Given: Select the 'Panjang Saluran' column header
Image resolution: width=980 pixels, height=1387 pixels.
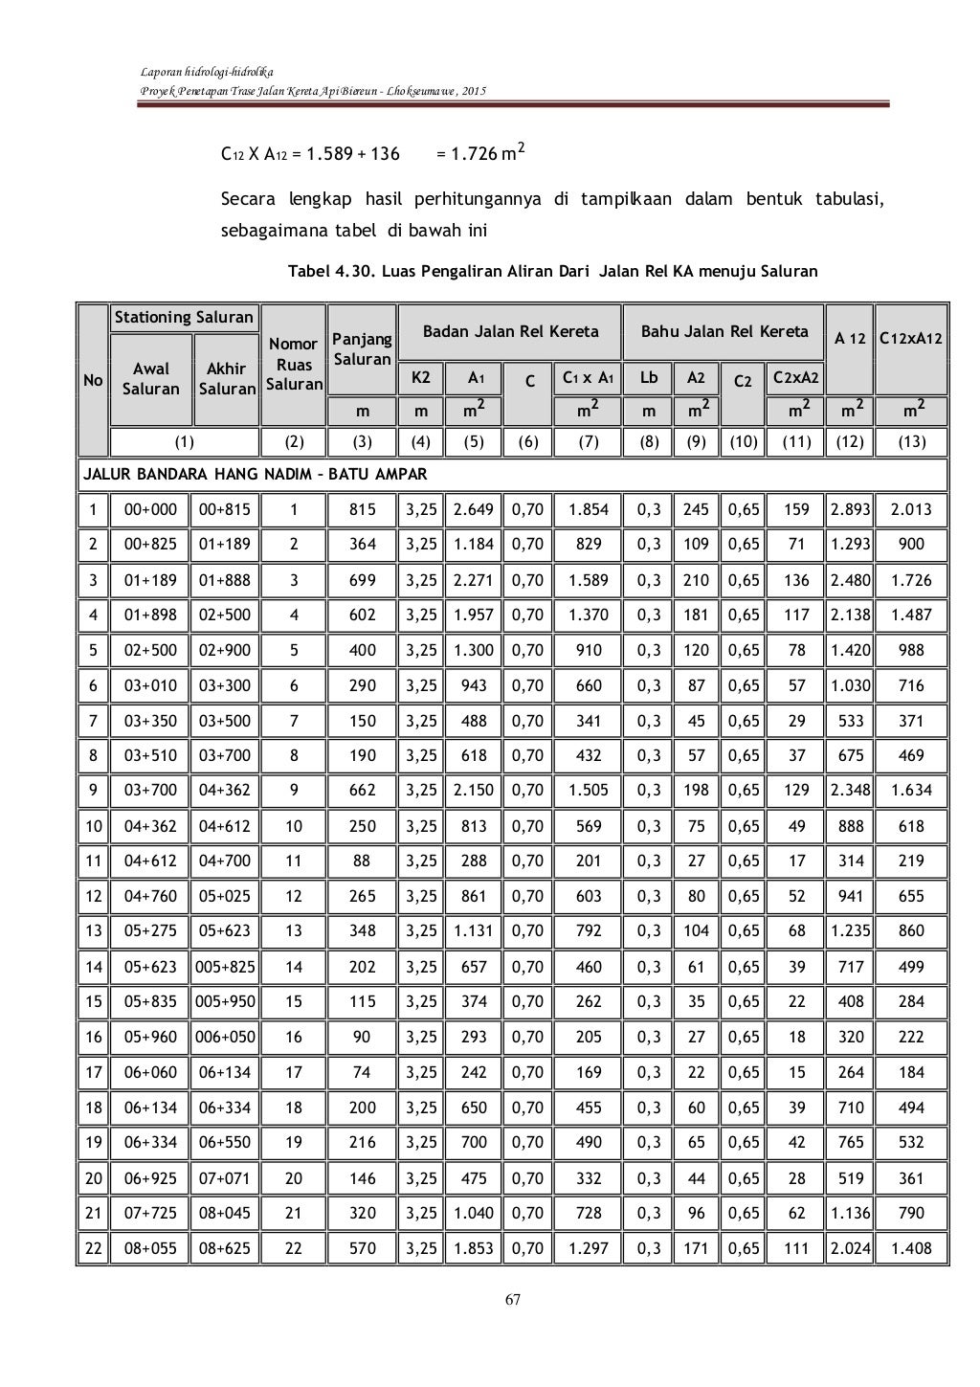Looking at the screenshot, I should pos(361,349).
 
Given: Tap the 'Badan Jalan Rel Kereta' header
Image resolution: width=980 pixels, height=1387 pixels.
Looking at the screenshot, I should pos(511,332).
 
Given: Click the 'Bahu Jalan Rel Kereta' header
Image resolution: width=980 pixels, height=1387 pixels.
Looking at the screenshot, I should pos(724,332).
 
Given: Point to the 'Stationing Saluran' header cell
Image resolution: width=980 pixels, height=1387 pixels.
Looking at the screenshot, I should pos(184,317).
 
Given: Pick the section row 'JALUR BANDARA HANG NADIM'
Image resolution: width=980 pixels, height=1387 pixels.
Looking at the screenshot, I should pos(254,474).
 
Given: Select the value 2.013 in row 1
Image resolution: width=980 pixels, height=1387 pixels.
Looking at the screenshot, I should pos(911,509).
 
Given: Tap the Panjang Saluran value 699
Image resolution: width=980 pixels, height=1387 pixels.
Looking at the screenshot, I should pos(362,580).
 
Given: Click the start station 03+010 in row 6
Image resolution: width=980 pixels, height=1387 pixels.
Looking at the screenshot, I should pos(150,685).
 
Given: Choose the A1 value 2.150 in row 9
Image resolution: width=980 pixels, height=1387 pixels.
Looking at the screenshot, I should pos(473,791).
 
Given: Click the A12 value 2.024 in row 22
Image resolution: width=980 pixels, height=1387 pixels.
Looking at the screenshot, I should pos(850,1248).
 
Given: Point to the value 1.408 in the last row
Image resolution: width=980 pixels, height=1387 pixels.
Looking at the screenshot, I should pos(911,1248).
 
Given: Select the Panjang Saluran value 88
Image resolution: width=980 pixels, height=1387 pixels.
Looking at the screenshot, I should pos(362,861).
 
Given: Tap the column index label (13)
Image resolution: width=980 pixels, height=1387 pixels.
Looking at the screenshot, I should pos(911,441).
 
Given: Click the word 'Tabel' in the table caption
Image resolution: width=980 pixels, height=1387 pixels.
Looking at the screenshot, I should pos(309,271).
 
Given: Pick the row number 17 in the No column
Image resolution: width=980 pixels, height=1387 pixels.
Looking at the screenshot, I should pos(93,1072).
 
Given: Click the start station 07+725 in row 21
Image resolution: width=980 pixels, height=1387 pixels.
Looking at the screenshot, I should pos(150,1213).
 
